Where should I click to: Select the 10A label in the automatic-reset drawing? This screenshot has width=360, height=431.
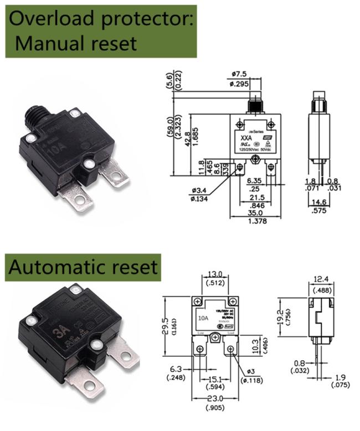click(202, 318)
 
